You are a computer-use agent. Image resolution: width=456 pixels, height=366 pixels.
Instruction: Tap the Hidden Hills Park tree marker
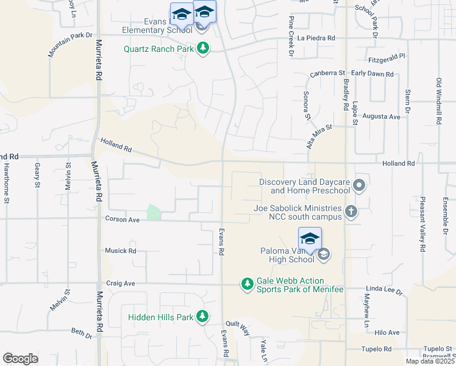tap(203, 317)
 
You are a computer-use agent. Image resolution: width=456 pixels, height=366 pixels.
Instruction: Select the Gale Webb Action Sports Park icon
tap(247, 284)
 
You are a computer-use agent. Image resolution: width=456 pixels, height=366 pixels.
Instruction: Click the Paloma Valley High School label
tap(287, 254)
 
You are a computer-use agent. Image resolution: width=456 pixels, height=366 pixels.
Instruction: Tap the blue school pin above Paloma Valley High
tap(310, 239)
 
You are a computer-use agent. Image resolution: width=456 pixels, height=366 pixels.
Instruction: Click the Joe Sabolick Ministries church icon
tap(351, 212)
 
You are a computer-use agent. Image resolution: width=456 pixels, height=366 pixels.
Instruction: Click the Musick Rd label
tap(120, 251)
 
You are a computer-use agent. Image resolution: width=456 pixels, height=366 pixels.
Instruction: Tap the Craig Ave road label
tap(120, 284)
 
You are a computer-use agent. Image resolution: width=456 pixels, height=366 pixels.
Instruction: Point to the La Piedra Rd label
tap(316, 38)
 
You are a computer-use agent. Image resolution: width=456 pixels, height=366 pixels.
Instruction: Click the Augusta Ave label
tap(381, 116)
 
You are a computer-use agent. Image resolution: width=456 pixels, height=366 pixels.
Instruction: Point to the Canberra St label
tap(327, 73)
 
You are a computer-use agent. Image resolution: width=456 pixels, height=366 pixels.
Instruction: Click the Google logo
tap(20, 358)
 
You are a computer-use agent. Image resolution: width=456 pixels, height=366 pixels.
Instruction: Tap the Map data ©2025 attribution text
tap(430, 361)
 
